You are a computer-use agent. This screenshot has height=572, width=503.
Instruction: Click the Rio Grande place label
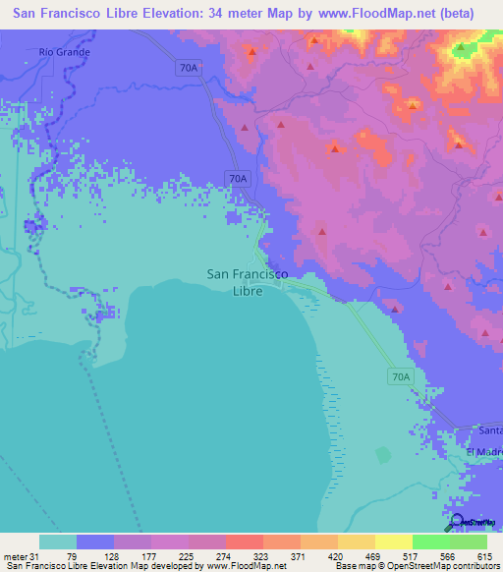[65, 51]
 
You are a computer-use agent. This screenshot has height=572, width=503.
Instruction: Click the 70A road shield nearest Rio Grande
[190, 68]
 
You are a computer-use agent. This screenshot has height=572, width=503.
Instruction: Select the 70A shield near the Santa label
[398, 376]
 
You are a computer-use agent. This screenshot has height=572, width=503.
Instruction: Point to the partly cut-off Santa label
[489, 430]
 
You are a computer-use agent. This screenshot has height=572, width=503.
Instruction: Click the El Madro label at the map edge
[483, 451]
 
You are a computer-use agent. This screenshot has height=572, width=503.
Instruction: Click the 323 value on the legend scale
[260, 556]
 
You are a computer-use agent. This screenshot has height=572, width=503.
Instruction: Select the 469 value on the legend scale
[371, 556]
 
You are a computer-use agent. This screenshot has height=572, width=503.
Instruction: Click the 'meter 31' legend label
[18, 556]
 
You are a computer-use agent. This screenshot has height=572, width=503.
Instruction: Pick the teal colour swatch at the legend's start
[58, 542]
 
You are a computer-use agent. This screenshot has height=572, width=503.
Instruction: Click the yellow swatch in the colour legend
[394, 542]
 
